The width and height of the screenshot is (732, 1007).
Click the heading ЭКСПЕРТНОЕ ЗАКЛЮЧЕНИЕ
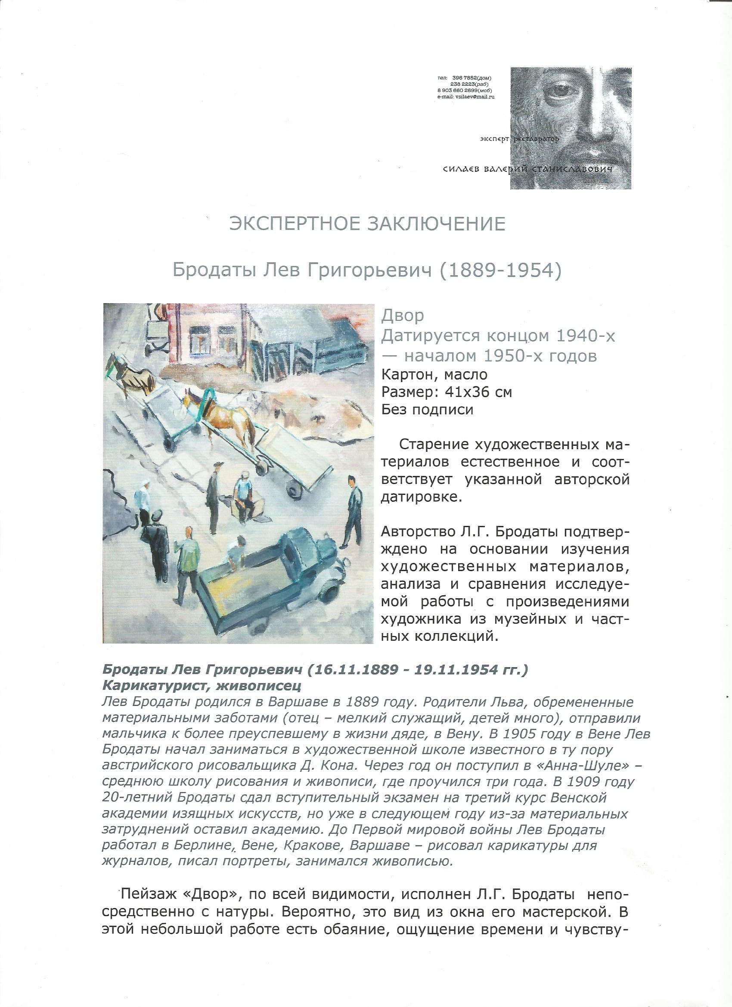[x=367, y=224]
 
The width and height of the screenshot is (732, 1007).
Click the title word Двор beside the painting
[x=402, y=315]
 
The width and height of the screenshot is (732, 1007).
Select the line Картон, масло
[x=434, y=374]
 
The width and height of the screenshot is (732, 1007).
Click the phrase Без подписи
[x=427, y=409]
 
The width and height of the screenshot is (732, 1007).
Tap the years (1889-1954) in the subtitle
[x=500, y=270]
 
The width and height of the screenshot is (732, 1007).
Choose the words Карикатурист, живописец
[x=202, y=686]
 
